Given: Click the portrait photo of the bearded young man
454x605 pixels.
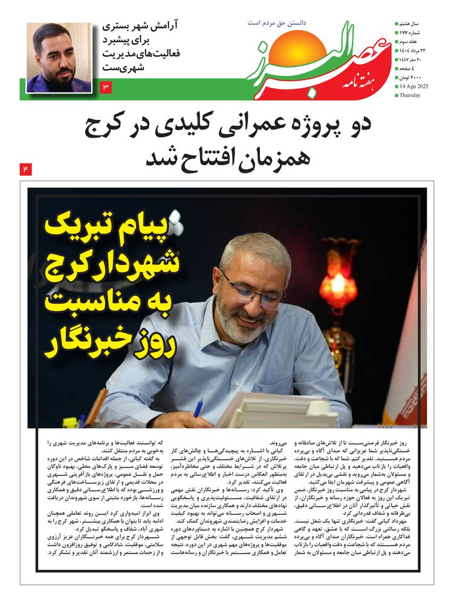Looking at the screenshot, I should (x=59, y=57).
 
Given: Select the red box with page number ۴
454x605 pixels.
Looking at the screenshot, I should (x=25, y=169).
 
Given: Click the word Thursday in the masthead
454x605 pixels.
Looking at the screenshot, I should (x=410, y=95).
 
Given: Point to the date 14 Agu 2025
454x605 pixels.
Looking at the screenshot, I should (x=413, y=86).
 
